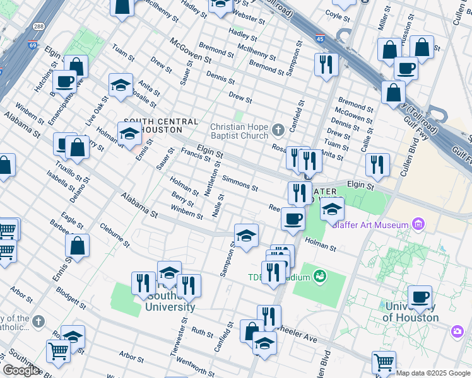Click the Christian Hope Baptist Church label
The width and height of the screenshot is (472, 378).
239,131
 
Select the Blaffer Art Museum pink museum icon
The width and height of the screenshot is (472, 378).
417,223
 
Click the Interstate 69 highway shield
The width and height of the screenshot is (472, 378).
33,45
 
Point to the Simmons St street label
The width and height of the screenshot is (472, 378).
240,184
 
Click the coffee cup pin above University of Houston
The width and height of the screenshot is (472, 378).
420,297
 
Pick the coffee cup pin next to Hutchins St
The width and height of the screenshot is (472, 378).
64,81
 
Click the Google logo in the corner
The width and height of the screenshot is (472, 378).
21,370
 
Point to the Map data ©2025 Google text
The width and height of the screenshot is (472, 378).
433,373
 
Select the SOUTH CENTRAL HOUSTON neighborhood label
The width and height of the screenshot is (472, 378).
161,125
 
